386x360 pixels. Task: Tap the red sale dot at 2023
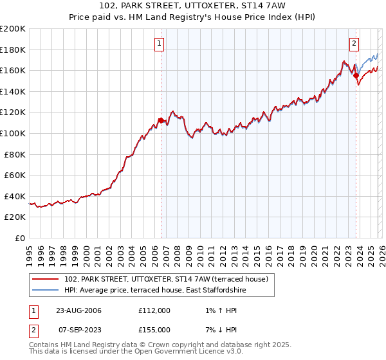[356, 75]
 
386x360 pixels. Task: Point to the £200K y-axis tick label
[13, 29]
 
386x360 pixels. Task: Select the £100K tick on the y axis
[13, 133]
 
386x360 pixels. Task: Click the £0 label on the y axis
[21, 238]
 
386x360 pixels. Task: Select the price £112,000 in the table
[154, 310]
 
